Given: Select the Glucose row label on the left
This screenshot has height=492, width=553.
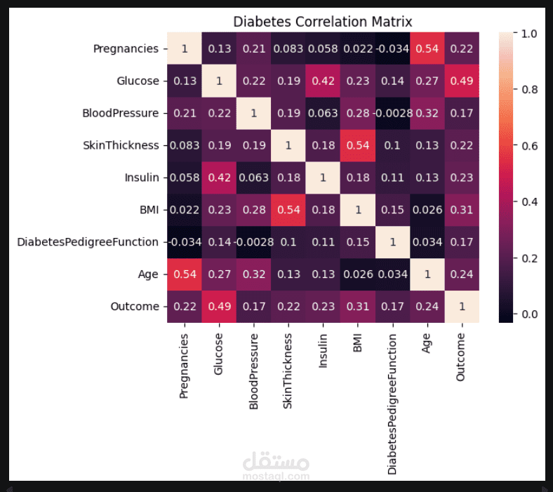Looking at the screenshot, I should [138, 81].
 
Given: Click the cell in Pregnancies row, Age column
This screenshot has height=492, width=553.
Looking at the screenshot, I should [427, 48].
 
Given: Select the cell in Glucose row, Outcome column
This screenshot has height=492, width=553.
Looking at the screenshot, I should [461, 81].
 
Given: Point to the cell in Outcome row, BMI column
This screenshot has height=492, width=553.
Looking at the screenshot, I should [357, 307].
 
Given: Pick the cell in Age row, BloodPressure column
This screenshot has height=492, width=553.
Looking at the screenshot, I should [253, 274].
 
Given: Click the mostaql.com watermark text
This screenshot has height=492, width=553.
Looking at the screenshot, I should [276, 477].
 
